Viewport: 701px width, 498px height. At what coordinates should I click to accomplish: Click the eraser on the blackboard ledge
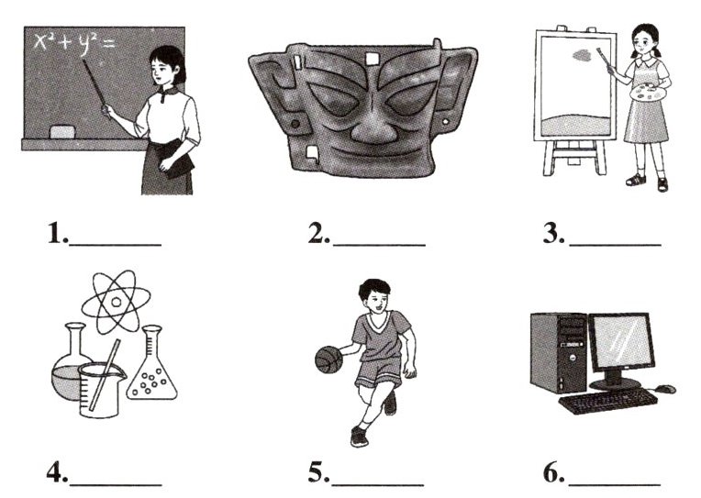pyautogui.click(x=62, y=132)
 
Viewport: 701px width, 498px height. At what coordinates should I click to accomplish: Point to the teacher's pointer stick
pyautogui.click(x=95, y=89)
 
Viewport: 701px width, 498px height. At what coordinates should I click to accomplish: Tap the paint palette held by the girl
pyautogui.click(x=648, y=94)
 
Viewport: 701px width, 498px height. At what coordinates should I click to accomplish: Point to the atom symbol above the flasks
pyautogui.click(x=116, y=302)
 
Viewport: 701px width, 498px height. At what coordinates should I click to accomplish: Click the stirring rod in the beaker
pyautogui.click(x=105, y=374)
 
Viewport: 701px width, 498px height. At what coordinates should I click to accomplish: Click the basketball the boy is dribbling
pyautogui.click(x=328, y=359)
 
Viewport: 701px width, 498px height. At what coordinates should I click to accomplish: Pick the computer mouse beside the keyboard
pyautogui.click(x=666, y=389)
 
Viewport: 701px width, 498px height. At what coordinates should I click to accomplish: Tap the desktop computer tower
pyautogui.click(x=559, y=353)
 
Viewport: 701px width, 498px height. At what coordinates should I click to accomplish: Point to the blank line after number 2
pyautogui.click(x=379, y=245)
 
